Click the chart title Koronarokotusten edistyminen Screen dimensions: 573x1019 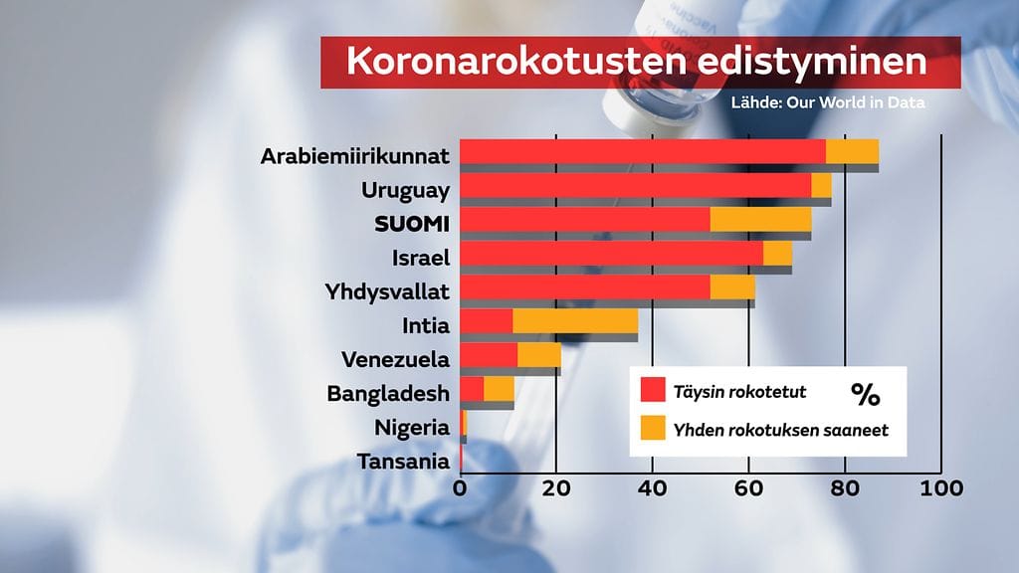(637, 62)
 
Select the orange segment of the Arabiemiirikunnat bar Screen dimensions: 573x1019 (852, 151)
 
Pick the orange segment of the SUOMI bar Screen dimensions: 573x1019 (760, 219)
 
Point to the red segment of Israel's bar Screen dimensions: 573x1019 (611, 253)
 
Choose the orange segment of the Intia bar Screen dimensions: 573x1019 (575, 320)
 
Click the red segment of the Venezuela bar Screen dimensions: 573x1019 (489, 354)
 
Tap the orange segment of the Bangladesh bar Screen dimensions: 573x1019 (499, 388)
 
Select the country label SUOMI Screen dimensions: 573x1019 (412, 224)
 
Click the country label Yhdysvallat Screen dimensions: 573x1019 (387, 292)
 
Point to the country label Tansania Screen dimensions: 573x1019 (403, 462)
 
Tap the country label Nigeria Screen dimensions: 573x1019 (412, 428)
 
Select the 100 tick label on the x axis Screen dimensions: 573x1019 (941, 488)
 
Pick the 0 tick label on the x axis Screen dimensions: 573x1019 (460, 488)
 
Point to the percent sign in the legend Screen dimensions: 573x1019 (865, 395)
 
